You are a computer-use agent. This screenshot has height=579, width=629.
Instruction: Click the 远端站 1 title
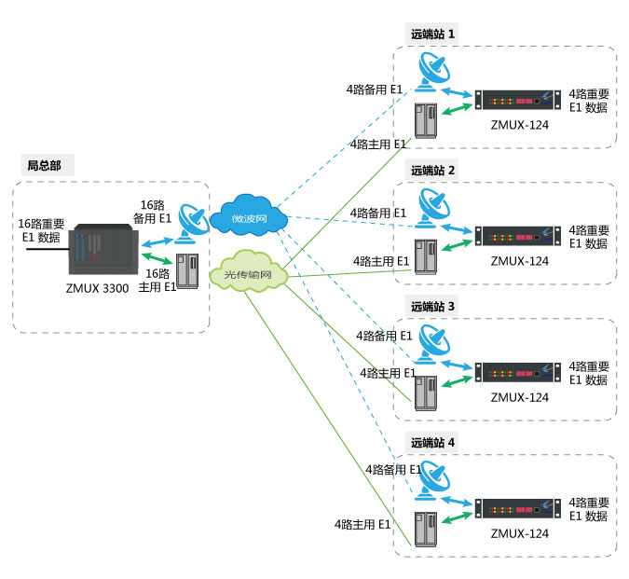(433, 34)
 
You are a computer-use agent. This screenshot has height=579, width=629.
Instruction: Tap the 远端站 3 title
(433, 306)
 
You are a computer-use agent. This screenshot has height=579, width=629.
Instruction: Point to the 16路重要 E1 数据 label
(41, 230)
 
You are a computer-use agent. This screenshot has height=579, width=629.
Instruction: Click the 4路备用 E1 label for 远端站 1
(374, 90)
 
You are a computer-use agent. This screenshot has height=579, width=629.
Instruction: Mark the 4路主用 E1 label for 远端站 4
(363, 527)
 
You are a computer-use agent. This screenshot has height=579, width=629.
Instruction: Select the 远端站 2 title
(433, 171)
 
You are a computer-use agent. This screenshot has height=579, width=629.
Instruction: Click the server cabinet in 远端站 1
(426, 120)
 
